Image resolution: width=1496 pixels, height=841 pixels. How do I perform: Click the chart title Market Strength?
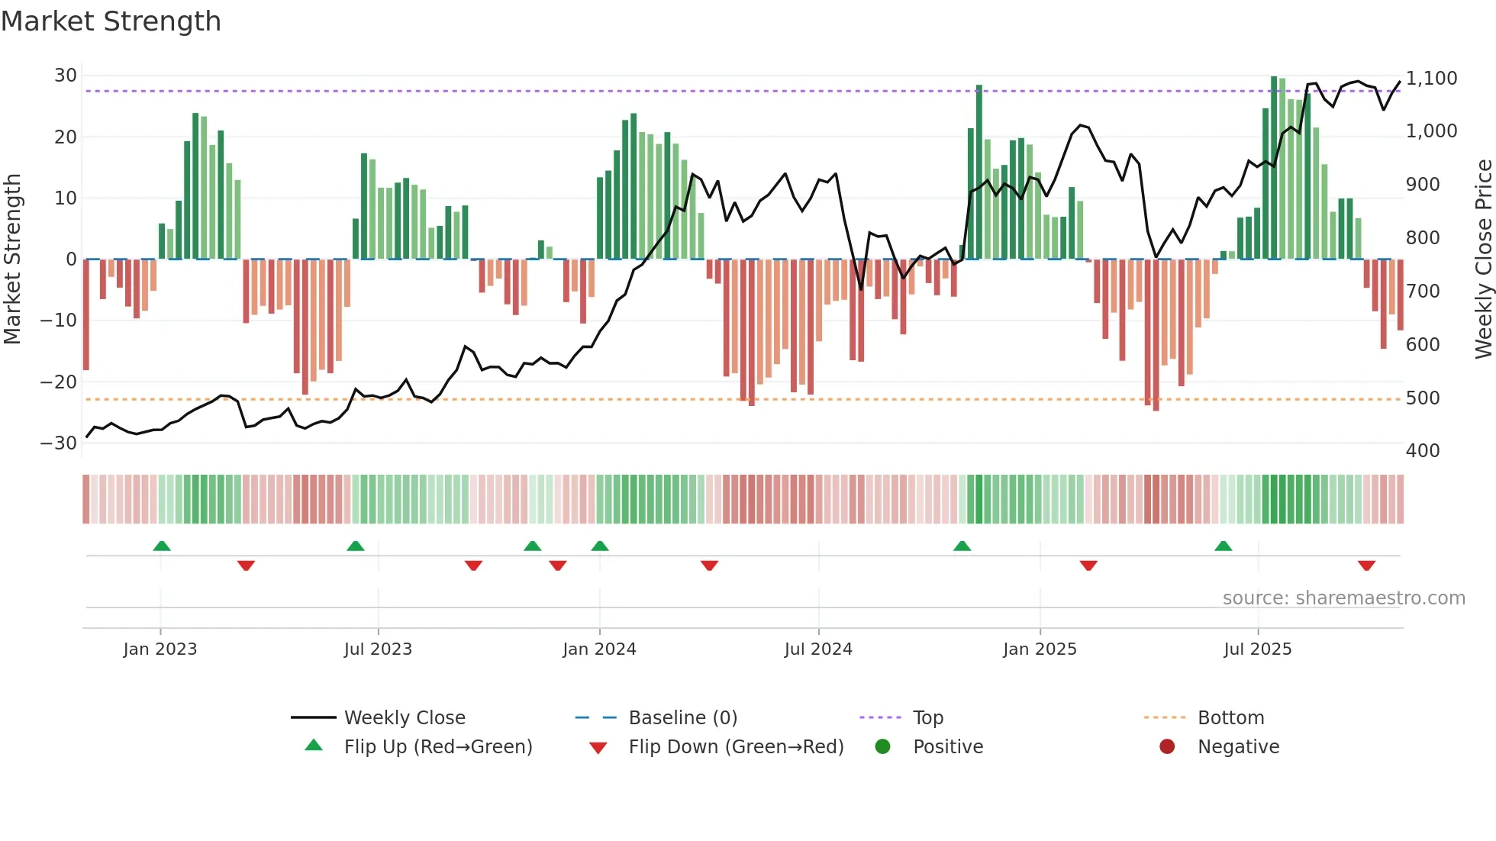click(x=111, y=21)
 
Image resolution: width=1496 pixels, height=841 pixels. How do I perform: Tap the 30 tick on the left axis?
click(x=66, y=76)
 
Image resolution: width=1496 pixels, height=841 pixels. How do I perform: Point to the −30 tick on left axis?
click(x=60, y=443)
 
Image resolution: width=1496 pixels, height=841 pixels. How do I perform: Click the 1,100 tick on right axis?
click(x=1431, y=79)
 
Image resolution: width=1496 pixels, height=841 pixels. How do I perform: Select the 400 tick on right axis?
click(x=1423, y=450)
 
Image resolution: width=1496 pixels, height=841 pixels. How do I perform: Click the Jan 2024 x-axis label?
click(x=599, y=649)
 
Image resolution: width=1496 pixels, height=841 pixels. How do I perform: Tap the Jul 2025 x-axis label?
click(x=1257, y=649)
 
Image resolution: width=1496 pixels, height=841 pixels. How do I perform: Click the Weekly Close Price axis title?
click(x=1483, y=259)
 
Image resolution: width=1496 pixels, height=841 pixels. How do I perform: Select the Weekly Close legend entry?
click(x=404, y=718)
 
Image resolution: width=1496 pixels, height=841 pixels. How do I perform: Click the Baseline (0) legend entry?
click(x=682, y=718)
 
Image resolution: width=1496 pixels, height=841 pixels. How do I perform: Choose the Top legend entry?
click(x=927, y=718)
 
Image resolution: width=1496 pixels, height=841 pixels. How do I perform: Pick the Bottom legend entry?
click(x=1230, y=718)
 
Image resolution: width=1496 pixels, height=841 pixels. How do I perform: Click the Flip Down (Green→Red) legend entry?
click(x=735, y=747)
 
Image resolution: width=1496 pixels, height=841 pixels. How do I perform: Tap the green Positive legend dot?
click(x=882, y=746)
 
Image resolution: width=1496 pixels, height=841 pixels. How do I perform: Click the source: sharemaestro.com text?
click(x=1343, y=598)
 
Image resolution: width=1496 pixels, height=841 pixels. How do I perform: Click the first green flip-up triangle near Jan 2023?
click(x=162, y=546)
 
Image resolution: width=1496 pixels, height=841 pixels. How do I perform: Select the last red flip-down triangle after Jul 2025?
click(x=1366, y=565)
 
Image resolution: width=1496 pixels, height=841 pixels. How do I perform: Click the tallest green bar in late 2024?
click(x=979, y=172)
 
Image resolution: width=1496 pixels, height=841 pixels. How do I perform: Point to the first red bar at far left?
click(x=86, y=314)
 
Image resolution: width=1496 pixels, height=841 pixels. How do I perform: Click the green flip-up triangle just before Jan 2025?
click(x=962, y=546)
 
